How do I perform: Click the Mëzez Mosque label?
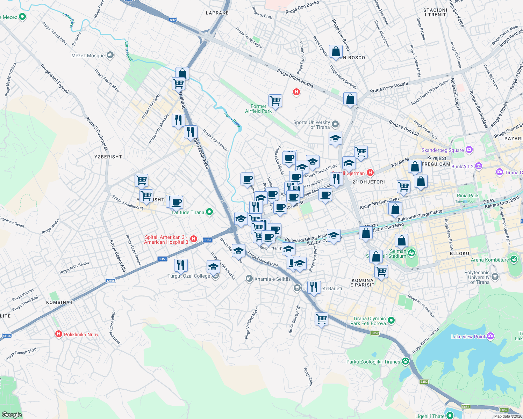(x=88, y=56)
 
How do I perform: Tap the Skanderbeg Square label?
(x=443, y=150)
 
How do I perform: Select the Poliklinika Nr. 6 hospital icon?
(x=59, y=334)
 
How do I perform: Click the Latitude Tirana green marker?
(x=209, y=212)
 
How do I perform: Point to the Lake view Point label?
(x=468, y=337)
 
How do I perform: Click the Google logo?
(x=12, y=414)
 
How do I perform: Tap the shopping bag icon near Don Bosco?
(x=336, y=51)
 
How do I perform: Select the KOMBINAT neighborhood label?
(x=59, y=302)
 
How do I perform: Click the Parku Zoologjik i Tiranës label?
(x=373, y=362)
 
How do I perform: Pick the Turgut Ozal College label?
(x=189, y=276)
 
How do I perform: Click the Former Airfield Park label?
(x=258, y=109)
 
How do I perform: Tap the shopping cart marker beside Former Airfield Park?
(x=275, y=101)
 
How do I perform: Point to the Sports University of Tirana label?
(x=311, y=125)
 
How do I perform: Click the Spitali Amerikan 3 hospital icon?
(x=194, y=239)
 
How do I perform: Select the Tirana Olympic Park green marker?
(x=391, y=320)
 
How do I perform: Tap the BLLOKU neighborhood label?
(x=459, y=253)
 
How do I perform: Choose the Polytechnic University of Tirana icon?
(x=495, y=277)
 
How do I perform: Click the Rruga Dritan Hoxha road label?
(x=295, y=78)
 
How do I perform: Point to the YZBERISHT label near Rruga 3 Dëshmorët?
(x=108, y=157)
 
